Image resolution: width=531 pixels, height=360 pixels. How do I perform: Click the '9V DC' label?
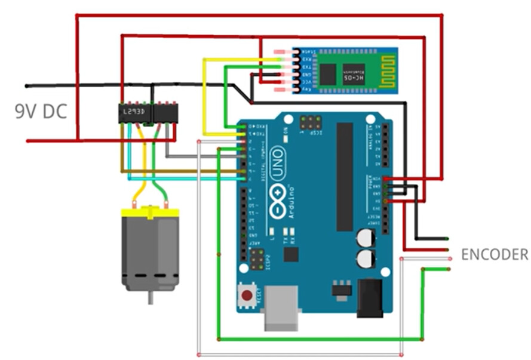(x=41, y=112)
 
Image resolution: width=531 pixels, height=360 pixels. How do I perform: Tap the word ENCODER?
(x=494, y=255)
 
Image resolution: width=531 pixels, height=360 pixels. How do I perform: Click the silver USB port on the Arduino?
(x=282, y=307)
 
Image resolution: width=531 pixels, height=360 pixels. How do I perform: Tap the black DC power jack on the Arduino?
(x=369, y=299)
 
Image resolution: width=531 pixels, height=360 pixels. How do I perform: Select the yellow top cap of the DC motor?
(x=150, y=213)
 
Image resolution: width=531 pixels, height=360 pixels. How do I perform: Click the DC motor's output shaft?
(x=151, y=297)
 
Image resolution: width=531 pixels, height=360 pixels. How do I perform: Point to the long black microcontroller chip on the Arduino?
(x=345, y=177)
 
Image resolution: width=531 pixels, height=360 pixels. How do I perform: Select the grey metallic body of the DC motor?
(x=150, y=251)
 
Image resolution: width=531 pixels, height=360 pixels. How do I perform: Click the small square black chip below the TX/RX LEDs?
(x=291, y=255)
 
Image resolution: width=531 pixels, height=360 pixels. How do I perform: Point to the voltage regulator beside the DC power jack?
(x=342, y=289)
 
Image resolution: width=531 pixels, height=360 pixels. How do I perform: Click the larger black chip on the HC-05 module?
(x=328, y=74)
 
